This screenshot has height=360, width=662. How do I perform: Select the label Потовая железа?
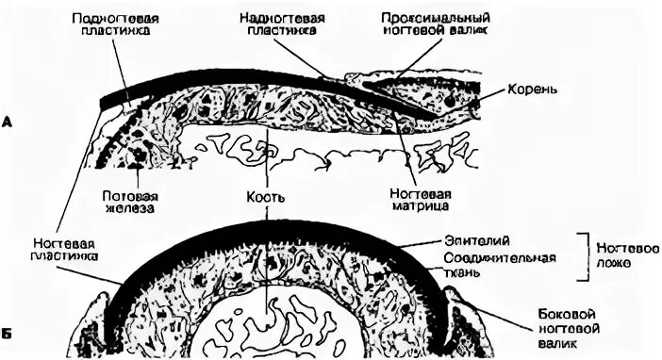click(127, 201)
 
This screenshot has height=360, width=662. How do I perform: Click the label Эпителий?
click(467, 241)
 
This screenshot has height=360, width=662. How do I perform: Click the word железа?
click(127, 208)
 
